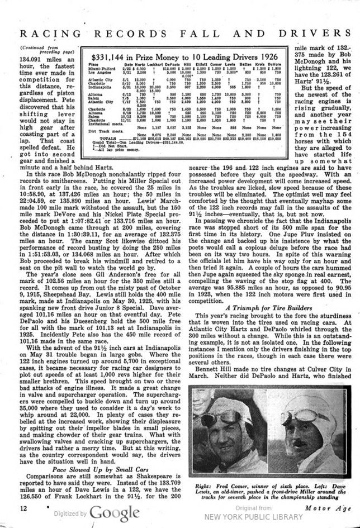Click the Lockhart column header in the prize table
[145, 65]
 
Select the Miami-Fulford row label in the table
[102, 69]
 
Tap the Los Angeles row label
[100, 73]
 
